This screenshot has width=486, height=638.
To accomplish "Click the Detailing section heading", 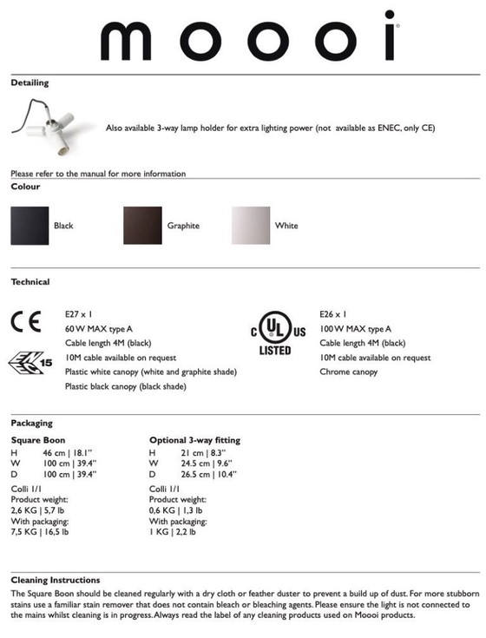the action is pos(30,83).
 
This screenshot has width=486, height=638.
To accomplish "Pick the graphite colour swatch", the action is pos(142,226).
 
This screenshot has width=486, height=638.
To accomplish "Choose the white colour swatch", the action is pos(251,226).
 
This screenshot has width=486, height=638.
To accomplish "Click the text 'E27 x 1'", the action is pos(79,314).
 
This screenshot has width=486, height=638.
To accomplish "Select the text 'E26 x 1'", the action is pos(333,314).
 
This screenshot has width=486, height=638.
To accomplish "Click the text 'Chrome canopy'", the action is pos(348,372).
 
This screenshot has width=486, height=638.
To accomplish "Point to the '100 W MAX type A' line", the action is pos(355,329).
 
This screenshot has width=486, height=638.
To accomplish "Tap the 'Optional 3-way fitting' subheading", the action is pos(194,440).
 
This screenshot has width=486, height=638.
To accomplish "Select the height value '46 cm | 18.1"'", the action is pos(69,453).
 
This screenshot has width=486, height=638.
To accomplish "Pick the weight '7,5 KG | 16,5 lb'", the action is pos(40,531).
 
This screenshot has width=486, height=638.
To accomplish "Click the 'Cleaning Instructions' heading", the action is pos(56,580).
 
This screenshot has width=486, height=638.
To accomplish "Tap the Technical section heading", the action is pos(30,282).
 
